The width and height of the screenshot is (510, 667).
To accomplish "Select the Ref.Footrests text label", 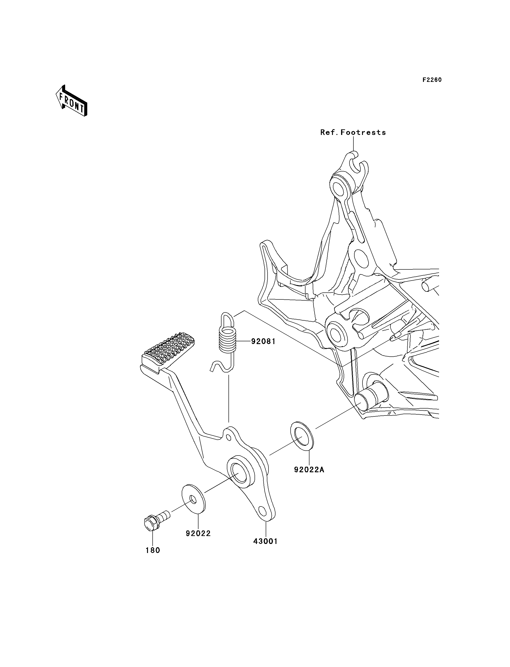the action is (x=353, y=132).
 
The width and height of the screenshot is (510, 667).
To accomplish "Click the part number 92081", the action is (x=263, y=342).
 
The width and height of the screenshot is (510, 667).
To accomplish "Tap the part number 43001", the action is (x=266, y=541).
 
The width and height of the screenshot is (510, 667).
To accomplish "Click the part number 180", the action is (x=153, y=550).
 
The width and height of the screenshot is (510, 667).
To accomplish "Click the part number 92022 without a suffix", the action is (x=198, y=533).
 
